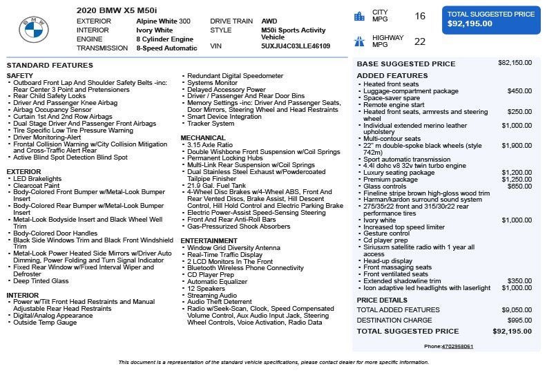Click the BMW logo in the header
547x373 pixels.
click(34, 30)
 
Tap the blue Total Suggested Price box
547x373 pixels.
click(490, 19)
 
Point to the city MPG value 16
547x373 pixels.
click(420, 16)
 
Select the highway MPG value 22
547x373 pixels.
click(420, 41)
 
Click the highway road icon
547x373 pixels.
click(359, 41)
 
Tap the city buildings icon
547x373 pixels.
click(359, 16)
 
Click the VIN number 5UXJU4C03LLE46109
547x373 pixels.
click(296, 46)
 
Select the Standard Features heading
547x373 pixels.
click(49, 65)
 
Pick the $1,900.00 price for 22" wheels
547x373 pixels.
click(517, 146)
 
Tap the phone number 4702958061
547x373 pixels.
click(458, 346)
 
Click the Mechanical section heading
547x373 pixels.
click(203, 137)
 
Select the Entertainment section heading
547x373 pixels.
click(209, 240)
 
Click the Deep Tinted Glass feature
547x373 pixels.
click(41, 281)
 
